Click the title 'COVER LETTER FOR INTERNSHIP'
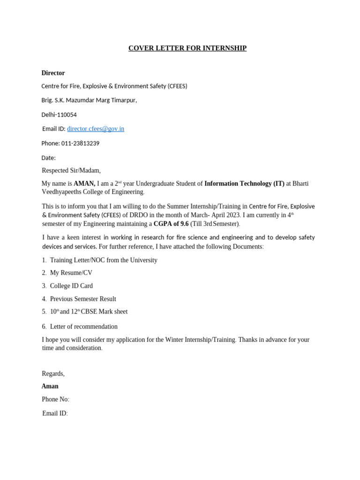point(187,48)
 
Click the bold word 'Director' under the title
point(53,73)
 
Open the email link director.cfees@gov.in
point(96,129)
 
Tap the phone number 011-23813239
point(80,143)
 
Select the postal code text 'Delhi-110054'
point(59,115)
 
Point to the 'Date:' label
point(48,158)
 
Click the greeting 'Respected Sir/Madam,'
point(71,171)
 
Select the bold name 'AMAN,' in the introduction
point(84,184)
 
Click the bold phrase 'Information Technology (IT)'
point(244,184)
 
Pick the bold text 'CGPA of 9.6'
point(171,224)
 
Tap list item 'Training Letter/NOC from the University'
point(104,260)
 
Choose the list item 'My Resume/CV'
point(71,273)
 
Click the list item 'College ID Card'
point(71,286)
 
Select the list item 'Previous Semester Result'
point(83,299)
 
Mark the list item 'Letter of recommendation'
point(84,327)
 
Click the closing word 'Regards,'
point(53,374)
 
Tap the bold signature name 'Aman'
point(50,386)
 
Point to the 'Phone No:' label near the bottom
point(55,399)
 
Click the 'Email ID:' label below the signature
point(55,413)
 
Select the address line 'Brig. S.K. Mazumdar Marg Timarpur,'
point(89,100)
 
